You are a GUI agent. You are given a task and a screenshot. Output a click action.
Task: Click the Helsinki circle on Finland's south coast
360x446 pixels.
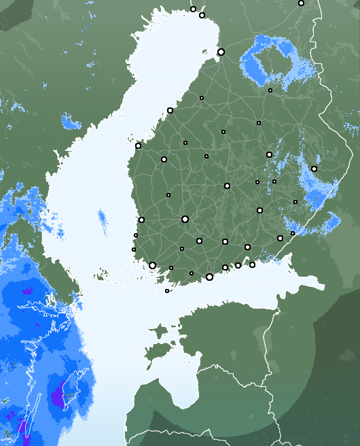point(209,277)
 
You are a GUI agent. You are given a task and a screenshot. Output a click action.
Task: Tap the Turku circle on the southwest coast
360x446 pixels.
point(152,265)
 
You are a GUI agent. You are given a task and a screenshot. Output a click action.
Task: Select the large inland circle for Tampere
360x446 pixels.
point(185,219)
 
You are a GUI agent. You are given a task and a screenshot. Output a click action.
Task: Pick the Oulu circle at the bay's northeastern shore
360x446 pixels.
point(221,52)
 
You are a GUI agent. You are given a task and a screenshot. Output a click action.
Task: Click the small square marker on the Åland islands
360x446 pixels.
point(167,291)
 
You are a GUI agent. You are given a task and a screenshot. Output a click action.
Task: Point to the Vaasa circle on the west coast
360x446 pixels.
point(138,145)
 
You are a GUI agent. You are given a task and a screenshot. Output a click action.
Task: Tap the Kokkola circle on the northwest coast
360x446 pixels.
point(170,110)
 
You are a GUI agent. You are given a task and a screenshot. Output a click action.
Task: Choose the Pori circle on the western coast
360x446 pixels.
point(141,220)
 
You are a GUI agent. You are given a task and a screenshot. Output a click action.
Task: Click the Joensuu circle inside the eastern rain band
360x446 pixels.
point(314,169)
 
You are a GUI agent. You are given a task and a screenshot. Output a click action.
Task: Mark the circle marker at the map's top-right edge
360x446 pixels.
point(301,3)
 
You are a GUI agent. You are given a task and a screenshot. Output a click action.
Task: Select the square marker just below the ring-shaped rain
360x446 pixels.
point(270,90)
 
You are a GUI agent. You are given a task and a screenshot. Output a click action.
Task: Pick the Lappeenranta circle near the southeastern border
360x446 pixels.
point(280,238)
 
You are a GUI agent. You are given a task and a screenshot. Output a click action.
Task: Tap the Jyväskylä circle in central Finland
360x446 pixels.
point(227,186)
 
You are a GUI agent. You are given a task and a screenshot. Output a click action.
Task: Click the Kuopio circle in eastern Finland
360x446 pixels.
point(269,154)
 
